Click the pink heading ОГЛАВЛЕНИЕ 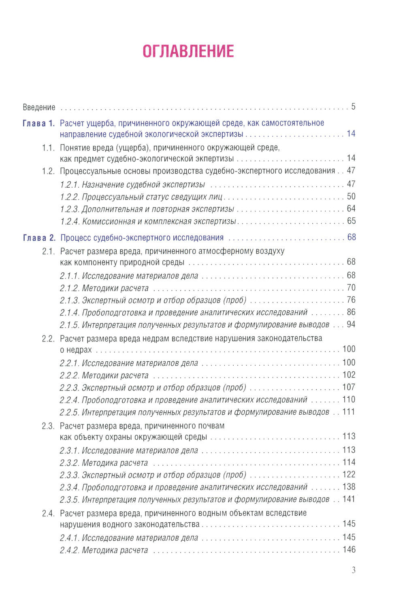coord(188,51)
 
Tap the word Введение coord(39,107)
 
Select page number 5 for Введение coord(353,107)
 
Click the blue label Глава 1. coord(38,123)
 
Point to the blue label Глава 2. coord(39,237)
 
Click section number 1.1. coord(48,148)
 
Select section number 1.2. coord(48,171)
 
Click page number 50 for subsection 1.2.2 coord(351,196)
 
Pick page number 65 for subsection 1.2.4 coord(351,221)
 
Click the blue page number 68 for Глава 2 coord(351,237)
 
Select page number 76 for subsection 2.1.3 coord(351,300)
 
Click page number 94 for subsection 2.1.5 coord(351,324)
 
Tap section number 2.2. coord(48,338)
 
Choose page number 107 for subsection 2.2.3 coord(349,387)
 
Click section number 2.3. coord(48,426)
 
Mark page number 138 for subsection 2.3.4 coord(349,487)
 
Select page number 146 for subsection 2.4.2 coord(349,549)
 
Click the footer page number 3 coord(354,570)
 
